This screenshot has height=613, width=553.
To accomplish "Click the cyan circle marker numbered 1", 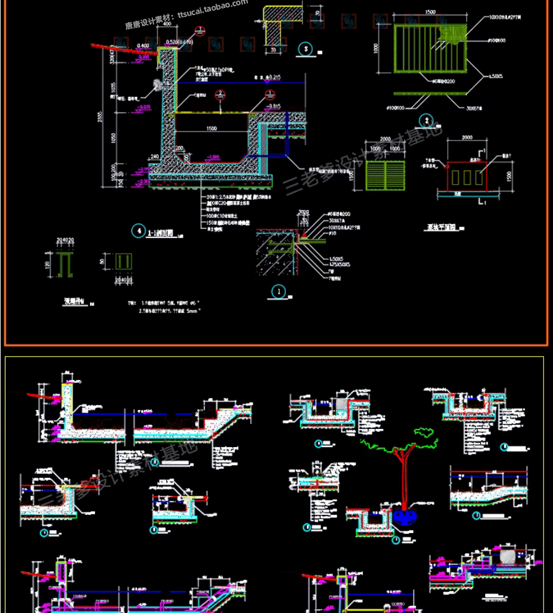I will click(278, 291).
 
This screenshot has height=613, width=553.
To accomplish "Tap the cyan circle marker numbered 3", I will click(306, 50).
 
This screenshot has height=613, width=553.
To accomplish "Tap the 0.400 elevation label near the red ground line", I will click(143, 46).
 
